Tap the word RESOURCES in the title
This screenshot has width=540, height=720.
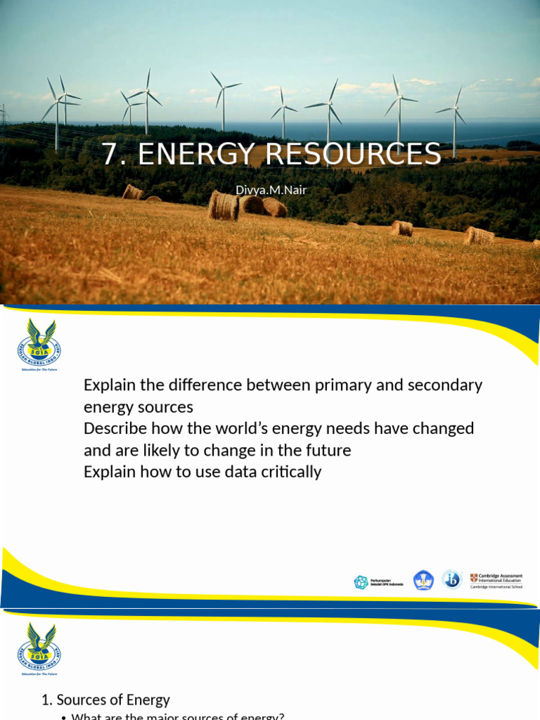pyautogui.click(x=358, y=155)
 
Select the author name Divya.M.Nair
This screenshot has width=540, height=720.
pyautogui.click(x=271, y=190)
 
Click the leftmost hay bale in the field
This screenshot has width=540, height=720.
pyautogui.click(x=133, y=192)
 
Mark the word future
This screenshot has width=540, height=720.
pyautogui.click(x=326, y=450)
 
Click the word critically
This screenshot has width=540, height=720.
pyautogui.click(x=285, y=472)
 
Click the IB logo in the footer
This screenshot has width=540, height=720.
pyautogui.click(x=451, y=579)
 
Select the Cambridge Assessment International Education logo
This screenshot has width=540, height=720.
pyautogui.click(x=496, y=581)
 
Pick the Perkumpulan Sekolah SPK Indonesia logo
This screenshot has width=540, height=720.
pyautogui.click(x=378, y=582)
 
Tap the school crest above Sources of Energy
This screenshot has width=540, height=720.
pyautogui.click(x=39, y=645)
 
